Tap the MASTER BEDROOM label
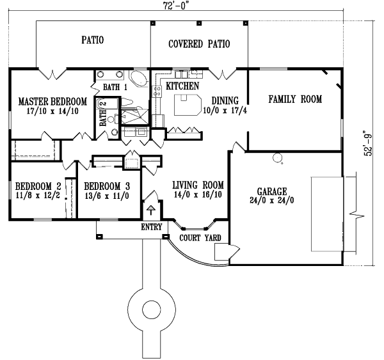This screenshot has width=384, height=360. [x=52, y=101]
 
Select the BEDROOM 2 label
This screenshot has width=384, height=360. [x=38, y=186]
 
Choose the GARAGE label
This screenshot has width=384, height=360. [x=271, y=191]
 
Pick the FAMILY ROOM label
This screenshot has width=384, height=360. [x=294, y=100]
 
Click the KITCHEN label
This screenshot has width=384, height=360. [x=182, y=86]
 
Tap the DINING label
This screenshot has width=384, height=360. [x=225, y=100]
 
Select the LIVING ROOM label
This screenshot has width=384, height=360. [x=198, y=186]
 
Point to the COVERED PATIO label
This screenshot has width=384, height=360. [x=199, y=44]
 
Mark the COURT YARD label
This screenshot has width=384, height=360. [x=200, y=238]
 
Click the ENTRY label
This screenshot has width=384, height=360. [x=152, y=227]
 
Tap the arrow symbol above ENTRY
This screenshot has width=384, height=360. [x=152, y=211]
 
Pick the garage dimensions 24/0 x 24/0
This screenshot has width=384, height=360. [x=271, y=200]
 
